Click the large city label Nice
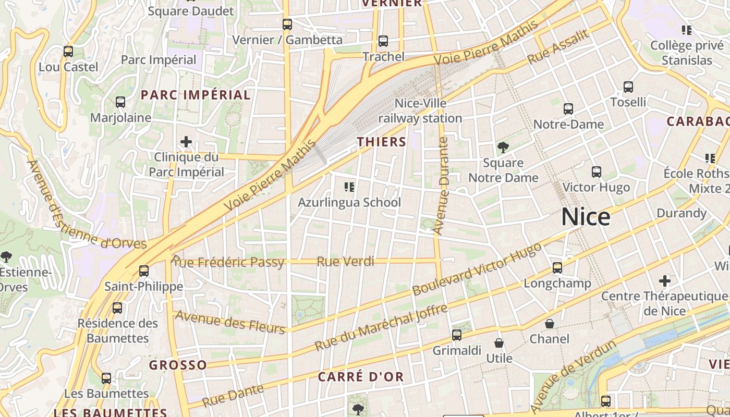[586, 217]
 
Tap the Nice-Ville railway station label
[420, 111]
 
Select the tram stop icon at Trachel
[383, 41]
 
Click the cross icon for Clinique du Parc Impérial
[186, 142]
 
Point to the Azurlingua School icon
[349, 187]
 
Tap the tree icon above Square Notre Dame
[503, 148]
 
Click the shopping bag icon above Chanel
[550, 324]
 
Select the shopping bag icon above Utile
[499, 343]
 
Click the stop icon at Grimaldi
[457, 335]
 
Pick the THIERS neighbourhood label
[382, 142]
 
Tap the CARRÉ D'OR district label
[361, 376]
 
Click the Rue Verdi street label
[346, 261]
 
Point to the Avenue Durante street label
[441, 186]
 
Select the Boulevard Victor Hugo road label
[477, 269]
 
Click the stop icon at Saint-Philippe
[144, 271]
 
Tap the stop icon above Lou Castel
[68, 52]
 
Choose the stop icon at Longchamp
[557, 268]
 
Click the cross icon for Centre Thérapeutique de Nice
[665, 281]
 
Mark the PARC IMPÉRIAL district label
[196, 95]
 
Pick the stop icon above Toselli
[628, 87]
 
